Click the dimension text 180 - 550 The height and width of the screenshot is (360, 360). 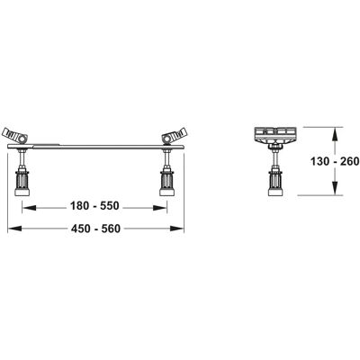click(94, 206)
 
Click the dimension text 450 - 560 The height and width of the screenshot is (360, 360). click(95, 229)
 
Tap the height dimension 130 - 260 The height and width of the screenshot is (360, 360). click(335, 162)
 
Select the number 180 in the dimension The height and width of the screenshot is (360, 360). click(79, 206)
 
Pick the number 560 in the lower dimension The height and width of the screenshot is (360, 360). click(111, 229)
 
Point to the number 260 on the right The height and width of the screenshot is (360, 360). click(349, 162)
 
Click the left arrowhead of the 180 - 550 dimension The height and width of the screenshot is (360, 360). click(30, 208)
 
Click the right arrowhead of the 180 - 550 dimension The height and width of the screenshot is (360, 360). click(160, 208)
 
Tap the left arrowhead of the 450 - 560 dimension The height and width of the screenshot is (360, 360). click(14, 229)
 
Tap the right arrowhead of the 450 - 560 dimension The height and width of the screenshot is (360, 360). click(177, 229)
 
